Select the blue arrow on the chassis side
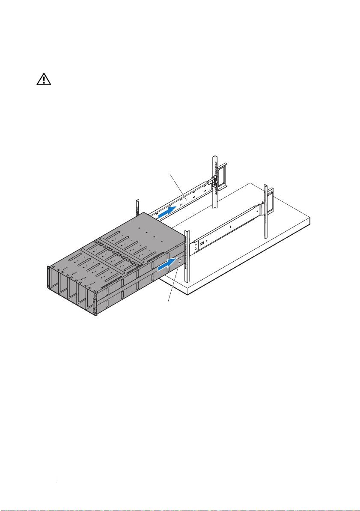point(167,265)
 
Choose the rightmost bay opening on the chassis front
point(91,299)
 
